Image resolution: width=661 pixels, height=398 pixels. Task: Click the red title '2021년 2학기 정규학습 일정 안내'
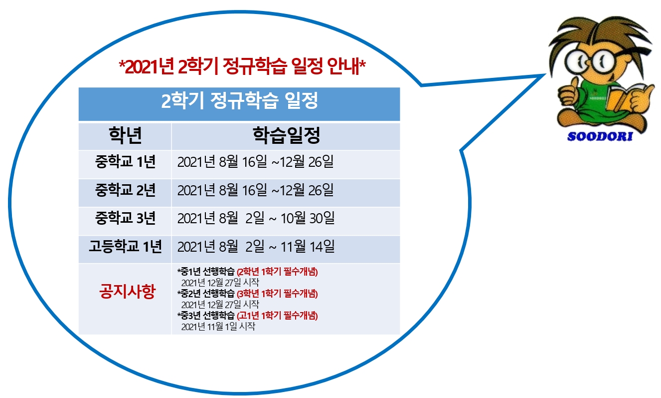[242, 66]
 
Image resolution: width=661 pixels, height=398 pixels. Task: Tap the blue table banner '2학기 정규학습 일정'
[239, 100]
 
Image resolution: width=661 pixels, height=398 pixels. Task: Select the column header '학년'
[126, 135]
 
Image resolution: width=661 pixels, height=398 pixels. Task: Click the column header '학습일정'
[286, 135]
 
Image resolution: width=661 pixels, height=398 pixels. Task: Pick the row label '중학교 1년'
[125, 162]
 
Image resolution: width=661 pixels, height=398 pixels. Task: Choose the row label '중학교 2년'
[125, 190]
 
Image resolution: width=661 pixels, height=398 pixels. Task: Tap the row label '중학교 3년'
[125, 218]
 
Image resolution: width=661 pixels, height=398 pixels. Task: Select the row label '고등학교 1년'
[125, 246]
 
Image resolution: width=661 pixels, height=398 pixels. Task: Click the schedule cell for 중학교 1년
[256, 162]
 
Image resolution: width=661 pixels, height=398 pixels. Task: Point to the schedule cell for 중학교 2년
[256, 190]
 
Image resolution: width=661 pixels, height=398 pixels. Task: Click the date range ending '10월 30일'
[256, 218]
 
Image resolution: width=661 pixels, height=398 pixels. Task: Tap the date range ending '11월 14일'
[256, 246]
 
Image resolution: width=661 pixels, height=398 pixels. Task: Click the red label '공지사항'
[127, 291]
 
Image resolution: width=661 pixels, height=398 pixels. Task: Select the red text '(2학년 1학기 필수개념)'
[277, 272]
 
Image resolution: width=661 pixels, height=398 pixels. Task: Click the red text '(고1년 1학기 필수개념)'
[277, 316]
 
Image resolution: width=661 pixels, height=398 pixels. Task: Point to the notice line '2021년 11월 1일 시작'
[218, 327]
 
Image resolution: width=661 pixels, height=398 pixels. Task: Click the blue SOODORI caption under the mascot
[600, 137]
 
